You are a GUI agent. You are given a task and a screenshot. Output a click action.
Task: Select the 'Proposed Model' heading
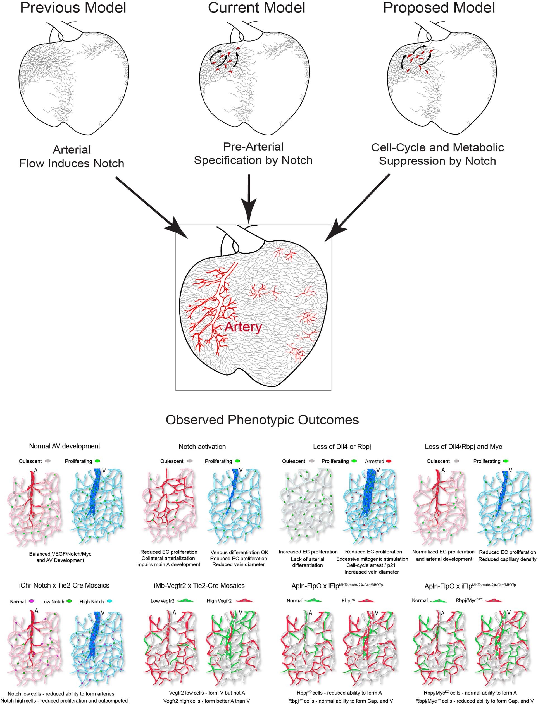[x=439, y=8]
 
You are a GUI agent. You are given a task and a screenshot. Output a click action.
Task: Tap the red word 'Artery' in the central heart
[x=243, y=327]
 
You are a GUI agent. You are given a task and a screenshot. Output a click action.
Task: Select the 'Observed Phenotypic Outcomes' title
[x=262, y=420]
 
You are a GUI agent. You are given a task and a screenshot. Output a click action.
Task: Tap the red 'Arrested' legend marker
[x=389, y=461]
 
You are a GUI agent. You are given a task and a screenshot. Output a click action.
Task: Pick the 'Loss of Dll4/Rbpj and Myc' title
[x=463, y=447]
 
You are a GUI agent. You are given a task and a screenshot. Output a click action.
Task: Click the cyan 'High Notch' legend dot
[x=109, y=601]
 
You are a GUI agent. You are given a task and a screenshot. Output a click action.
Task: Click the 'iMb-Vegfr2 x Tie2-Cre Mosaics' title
[x=199, y=586]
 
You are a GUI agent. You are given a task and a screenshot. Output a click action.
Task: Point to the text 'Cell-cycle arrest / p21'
[x=371, y=565]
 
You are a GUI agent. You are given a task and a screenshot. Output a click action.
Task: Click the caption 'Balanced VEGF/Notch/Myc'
[x=60, y=554]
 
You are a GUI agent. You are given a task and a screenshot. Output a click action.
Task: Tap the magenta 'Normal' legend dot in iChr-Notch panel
[x=32, y=601]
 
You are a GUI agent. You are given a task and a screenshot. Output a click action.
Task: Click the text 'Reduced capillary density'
[x=507, y=559]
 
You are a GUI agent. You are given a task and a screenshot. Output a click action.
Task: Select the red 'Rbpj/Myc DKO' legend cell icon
[x=493, y=600]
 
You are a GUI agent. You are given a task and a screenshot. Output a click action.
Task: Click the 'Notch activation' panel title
[x=202, y=447]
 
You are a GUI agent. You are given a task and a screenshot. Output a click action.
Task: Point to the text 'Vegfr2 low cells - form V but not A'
[x=207, y=693]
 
